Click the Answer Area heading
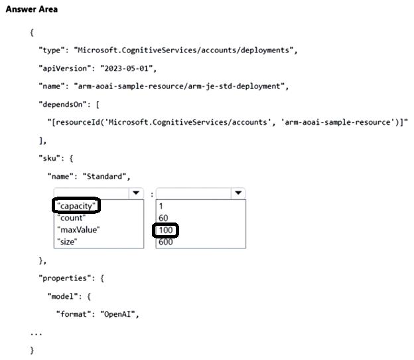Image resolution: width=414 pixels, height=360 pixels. (x=31, y=9)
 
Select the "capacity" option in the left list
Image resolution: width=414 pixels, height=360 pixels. (x=76, y=206)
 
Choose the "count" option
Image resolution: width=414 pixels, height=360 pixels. (x=72, y=218)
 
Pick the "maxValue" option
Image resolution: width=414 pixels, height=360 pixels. (x=79, y=230)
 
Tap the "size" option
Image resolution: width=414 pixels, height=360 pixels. (x=68, y=242)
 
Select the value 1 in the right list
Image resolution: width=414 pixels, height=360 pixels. (x=161, y=206)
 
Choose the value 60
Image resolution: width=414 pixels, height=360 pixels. (x=163, y=218)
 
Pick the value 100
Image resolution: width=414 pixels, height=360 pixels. (x=166, y=230)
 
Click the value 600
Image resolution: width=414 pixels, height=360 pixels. (x=166, y=242)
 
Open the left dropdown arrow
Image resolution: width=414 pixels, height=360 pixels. (x=135, y=193)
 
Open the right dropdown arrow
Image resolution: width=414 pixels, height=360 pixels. (x=238, y=193)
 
